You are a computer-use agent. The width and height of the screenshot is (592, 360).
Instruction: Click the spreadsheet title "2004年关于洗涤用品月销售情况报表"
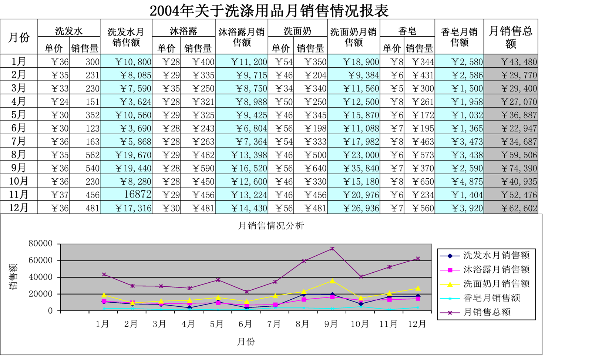point(269,10)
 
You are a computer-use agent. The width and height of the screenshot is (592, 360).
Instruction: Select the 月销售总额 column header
point(511,37)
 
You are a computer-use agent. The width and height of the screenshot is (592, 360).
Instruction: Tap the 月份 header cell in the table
point(19,37)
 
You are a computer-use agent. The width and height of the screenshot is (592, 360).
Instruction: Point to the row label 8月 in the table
point(18,155)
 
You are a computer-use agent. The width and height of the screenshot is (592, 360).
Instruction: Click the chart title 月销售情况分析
point(271,225)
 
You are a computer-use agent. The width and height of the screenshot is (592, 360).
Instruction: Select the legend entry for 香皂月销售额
point(492,298)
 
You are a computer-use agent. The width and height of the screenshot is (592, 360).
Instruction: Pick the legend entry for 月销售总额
point(487,312)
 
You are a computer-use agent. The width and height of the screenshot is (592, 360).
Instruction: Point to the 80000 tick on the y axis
point(40,243)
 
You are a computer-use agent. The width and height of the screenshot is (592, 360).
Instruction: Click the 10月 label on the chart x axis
point(360,324)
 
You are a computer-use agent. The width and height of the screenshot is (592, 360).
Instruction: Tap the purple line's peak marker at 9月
point(332,249)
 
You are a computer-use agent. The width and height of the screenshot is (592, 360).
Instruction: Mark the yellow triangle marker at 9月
point(332,281)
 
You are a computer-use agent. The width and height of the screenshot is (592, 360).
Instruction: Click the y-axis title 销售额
point(13,277)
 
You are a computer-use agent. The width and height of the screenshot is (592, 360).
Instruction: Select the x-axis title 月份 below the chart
point(246,342)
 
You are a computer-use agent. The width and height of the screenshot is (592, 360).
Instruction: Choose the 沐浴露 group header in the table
point(184,31)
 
